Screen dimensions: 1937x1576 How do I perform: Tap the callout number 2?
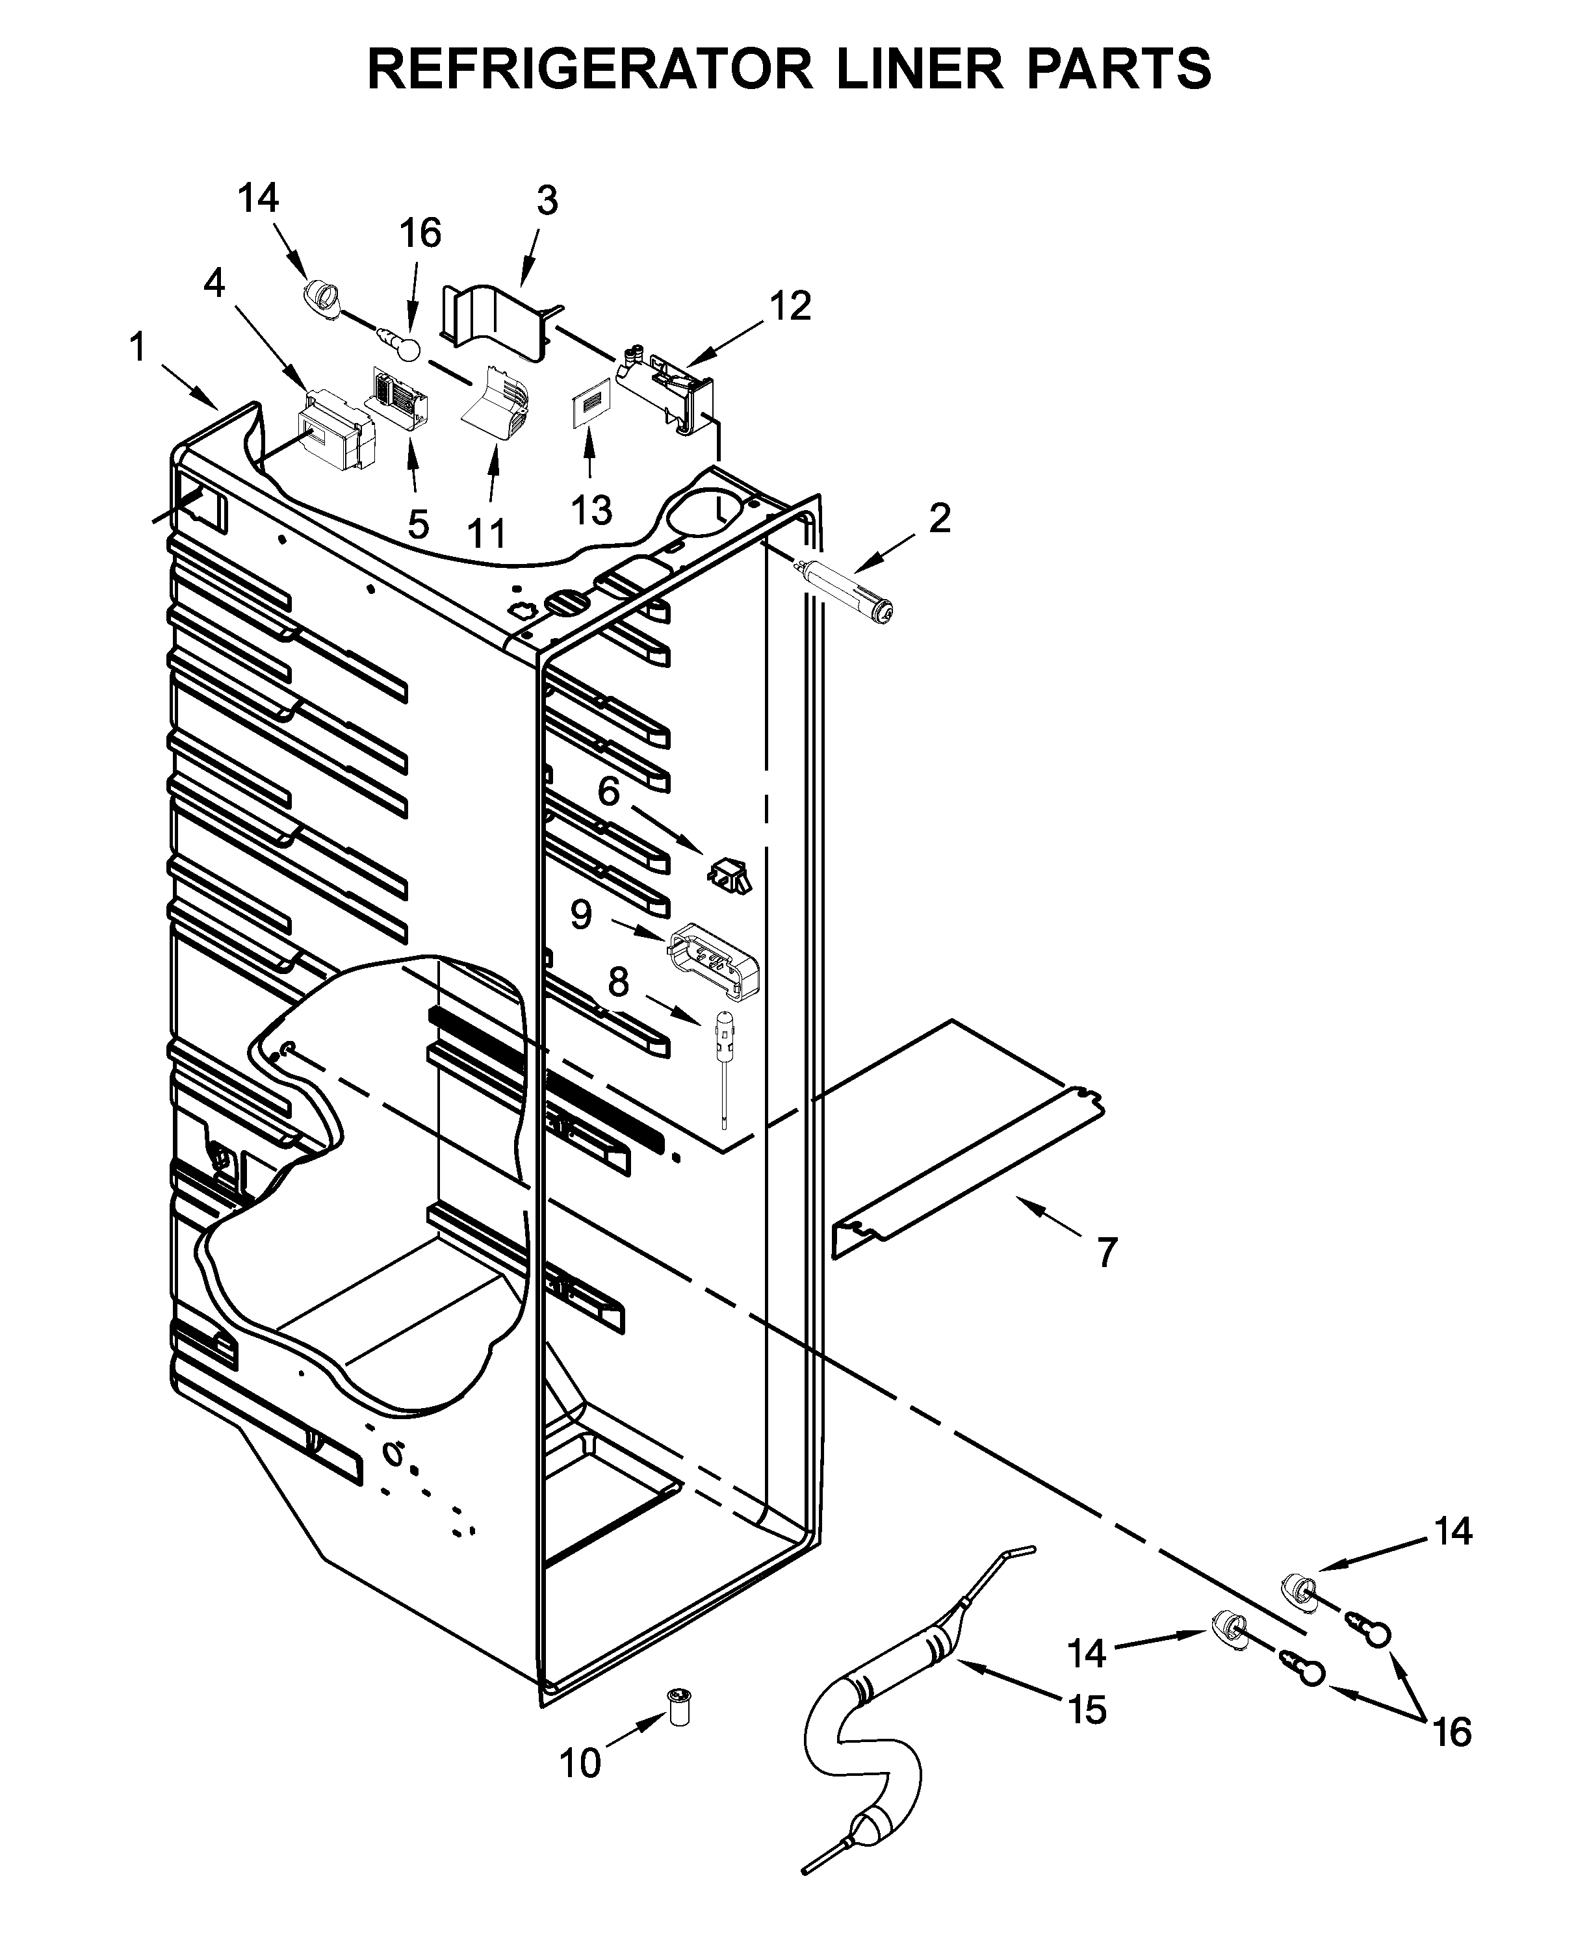tap(940, 519)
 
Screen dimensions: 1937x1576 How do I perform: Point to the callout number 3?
tap(547, 201)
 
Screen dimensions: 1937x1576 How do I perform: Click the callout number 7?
tap(1105, 1253)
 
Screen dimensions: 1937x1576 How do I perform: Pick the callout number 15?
tap(1087, 1710)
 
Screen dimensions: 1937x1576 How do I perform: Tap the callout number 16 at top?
tap(420, 233)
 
